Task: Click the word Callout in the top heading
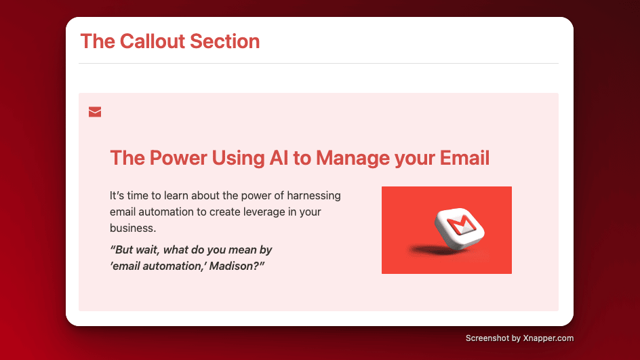tap(153, 41)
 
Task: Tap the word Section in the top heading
tap(225, 41)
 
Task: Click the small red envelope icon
tap(95, 112)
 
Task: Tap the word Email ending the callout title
tap(464, 157)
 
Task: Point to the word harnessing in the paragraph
tap(314, 196)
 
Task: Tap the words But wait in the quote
tap(134, 249)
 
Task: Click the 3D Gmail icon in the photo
tap(460, 228)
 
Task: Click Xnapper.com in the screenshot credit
tap(548, 338)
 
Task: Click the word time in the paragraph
tap(138, 196)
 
